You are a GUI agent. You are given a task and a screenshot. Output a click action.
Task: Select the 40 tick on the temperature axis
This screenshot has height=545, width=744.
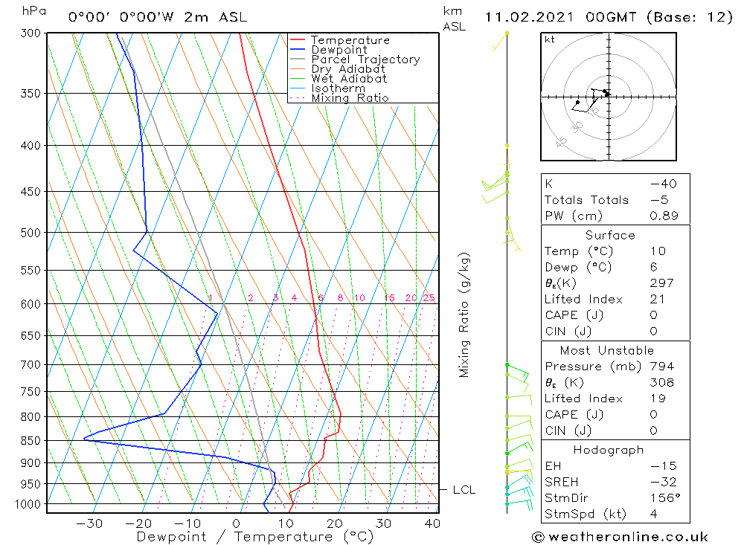coord(432,523)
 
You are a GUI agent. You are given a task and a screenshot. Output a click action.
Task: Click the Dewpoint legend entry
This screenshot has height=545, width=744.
coord(339,50)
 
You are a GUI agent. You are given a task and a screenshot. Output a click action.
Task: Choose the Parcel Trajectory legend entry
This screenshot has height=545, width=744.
coord(365,59)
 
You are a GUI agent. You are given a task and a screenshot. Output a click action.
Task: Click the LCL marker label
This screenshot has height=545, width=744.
coord(464,490)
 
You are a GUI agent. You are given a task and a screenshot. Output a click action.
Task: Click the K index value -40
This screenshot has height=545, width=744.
coord(662,184)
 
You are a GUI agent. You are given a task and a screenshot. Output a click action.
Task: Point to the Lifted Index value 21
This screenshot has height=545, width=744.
coord(658,299)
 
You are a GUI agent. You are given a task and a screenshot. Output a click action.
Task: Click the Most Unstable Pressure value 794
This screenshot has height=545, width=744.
coord(661,367)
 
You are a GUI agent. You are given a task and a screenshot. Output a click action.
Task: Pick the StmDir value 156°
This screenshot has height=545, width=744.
coord(663,498)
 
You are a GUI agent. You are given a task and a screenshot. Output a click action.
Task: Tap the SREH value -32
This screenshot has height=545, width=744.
coord(661,482)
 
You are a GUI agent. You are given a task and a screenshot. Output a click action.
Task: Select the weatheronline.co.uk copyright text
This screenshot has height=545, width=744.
coord(620,537)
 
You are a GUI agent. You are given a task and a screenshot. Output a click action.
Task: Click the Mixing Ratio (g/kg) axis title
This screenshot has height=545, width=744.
coord(465,315)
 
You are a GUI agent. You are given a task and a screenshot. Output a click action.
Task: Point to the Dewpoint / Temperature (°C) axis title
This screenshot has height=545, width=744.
coord(255,537)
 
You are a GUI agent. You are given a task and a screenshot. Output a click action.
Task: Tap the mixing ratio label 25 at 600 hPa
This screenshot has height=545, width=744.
coord(429,298)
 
